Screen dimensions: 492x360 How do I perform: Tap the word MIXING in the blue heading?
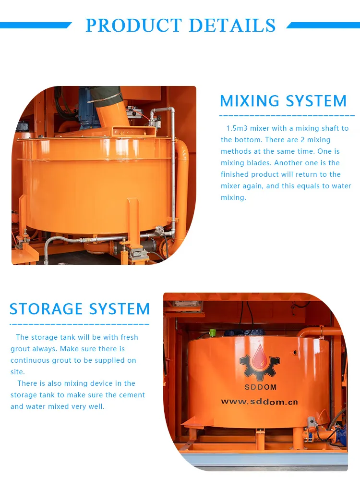coord(250,101)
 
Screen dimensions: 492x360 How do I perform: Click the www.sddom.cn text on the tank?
coord(260,401)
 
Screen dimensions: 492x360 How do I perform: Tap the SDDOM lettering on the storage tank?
coord(260,387)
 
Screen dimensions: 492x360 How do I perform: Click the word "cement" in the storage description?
coord(131,395)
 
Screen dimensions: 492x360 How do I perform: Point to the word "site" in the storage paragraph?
coord(17,372)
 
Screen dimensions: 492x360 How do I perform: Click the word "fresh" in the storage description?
coord(129,337)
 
